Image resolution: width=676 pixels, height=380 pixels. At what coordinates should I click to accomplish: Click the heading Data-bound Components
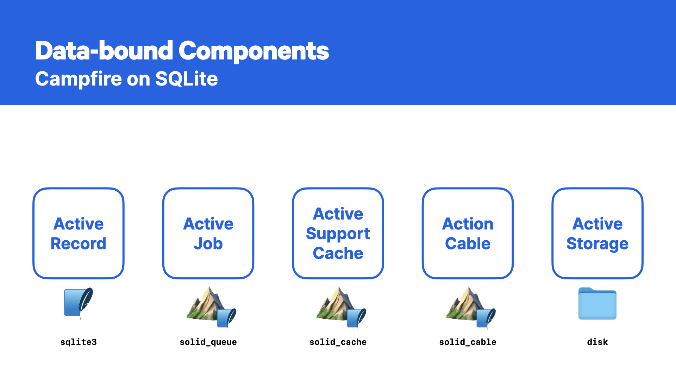(x=182, y=51)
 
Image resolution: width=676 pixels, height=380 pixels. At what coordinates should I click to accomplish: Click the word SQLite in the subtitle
(x=186, y=79)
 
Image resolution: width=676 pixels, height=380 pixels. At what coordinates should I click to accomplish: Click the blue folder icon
(x=597, y=304)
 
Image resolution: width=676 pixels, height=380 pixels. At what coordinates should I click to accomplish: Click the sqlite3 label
(x=79, y=342)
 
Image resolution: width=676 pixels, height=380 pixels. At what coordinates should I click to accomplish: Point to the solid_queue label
(x=208, y=342)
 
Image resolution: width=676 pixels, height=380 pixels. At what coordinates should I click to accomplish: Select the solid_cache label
(x=338, y=342)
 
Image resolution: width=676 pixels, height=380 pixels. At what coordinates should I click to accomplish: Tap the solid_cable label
(x=468, y=342)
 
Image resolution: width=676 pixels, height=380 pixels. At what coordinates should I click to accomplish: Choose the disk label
(x=597, y=342)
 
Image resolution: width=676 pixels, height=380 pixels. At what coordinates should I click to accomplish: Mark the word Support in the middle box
(x=338, y=234)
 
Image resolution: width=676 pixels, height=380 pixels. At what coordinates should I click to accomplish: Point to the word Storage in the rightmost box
(x=597, y=244)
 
